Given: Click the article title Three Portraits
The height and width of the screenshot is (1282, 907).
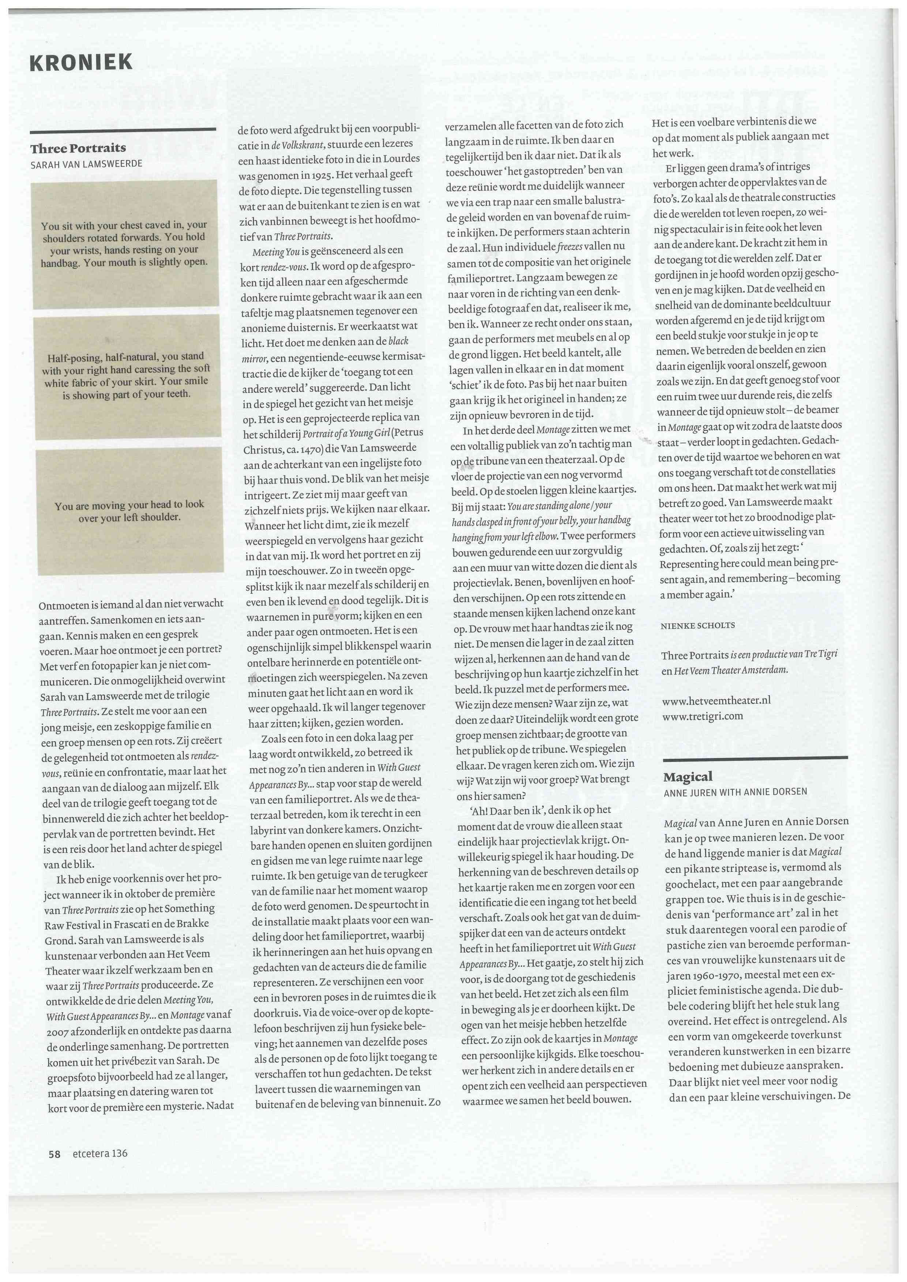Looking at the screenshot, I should [78, 148].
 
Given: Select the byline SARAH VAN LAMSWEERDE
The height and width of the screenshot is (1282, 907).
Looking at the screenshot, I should [87, 164].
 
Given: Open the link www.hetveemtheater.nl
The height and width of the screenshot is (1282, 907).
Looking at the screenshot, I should [716, 700].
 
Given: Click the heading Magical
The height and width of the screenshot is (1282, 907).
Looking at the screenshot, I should [688, 777].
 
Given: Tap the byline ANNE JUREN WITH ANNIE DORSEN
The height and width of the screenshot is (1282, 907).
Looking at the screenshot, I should [735, 792].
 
